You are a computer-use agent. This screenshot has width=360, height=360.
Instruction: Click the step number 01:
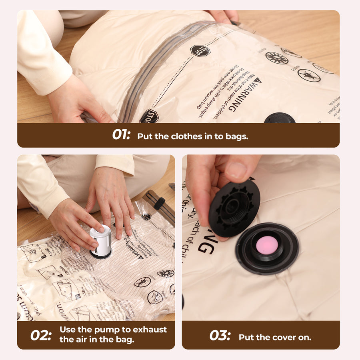pyautogui.click(x=121, y=135)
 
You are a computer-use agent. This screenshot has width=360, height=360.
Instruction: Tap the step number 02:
pyautogui.click(x=41, y=335)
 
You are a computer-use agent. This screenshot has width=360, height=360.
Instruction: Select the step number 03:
pyautogui.click(x=220, y=335)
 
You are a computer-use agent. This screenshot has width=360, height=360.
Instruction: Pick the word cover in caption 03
pyautogui.click(x=284, y=337)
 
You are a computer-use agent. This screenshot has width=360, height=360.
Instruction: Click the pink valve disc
pyautogui.click(x=267, y=245)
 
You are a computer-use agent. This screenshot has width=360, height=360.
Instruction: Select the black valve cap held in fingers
pyautogui.click(x=234, y=208)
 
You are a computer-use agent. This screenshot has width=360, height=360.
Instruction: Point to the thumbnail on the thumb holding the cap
pyautogui.click(x=237, y=170)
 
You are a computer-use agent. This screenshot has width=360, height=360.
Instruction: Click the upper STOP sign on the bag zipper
pyautogui.click(x=200, y=51)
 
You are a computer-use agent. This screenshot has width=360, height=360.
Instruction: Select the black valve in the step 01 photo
pyautogui.click(x=280, y=118)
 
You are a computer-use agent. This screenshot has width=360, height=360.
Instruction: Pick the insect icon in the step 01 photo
pyautogui.click(x=309, y=75)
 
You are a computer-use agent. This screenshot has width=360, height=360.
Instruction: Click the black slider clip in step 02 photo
pyautogui.click(x=159, y=203)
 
